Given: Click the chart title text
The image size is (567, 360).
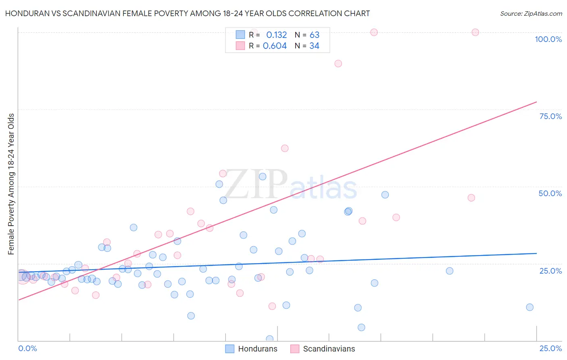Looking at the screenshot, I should point(188,13).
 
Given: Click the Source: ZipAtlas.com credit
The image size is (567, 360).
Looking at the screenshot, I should point(531,13).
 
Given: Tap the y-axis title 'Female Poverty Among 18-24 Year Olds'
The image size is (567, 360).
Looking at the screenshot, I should point(11,184).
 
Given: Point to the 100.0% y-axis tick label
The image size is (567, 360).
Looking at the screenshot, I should point(548,39).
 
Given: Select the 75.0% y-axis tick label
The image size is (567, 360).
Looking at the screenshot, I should point(550,116).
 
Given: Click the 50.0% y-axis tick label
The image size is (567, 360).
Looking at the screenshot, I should point(550,193).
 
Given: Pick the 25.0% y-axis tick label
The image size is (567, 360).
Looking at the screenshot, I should point(550,270).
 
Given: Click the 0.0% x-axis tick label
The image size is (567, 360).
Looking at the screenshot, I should point(27,348).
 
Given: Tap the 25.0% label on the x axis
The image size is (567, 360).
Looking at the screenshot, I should point(550,348).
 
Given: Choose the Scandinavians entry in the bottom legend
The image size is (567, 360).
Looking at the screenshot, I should point(323,349).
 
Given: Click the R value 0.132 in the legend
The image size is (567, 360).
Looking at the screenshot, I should point(276,35).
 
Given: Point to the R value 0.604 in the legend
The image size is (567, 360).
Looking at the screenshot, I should point(275,46).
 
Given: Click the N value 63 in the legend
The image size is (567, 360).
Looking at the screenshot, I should point(314,35).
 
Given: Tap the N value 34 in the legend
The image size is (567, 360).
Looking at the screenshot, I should point(314,46).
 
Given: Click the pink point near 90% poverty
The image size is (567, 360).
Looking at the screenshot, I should point(338,63).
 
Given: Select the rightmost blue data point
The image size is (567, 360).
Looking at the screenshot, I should point(529,307).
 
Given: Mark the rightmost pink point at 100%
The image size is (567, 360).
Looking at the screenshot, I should point(475,32).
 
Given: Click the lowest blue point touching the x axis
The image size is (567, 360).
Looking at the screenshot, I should point(269,339).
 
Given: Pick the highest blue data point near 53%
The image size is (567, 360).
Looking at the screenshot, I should point(263,176).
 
